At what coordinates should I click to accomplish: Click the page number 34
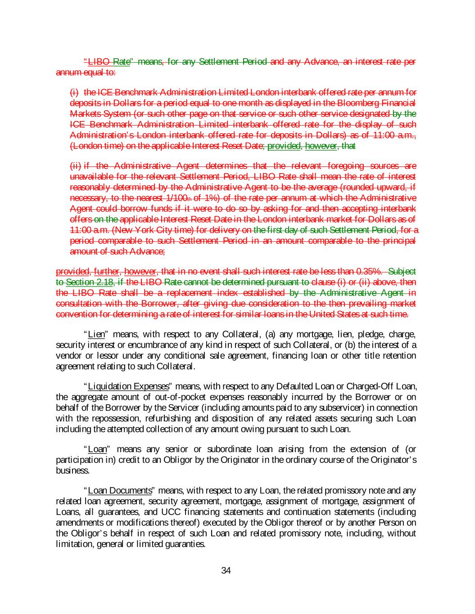(226, 571)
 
